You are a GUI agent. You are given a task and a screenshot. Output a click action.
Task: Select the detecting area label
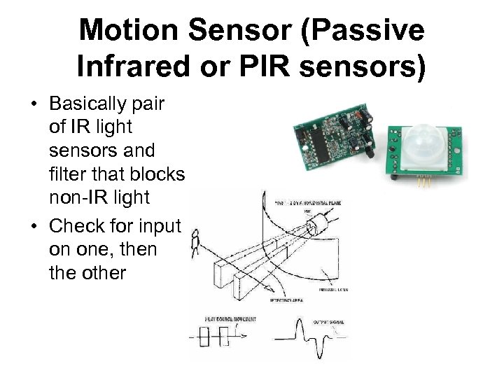pyautogui.click(x=286, y=300)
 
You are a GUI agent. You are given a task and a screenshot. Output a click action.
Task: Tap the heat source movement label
pyautogui.click(x=230, y=319)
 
